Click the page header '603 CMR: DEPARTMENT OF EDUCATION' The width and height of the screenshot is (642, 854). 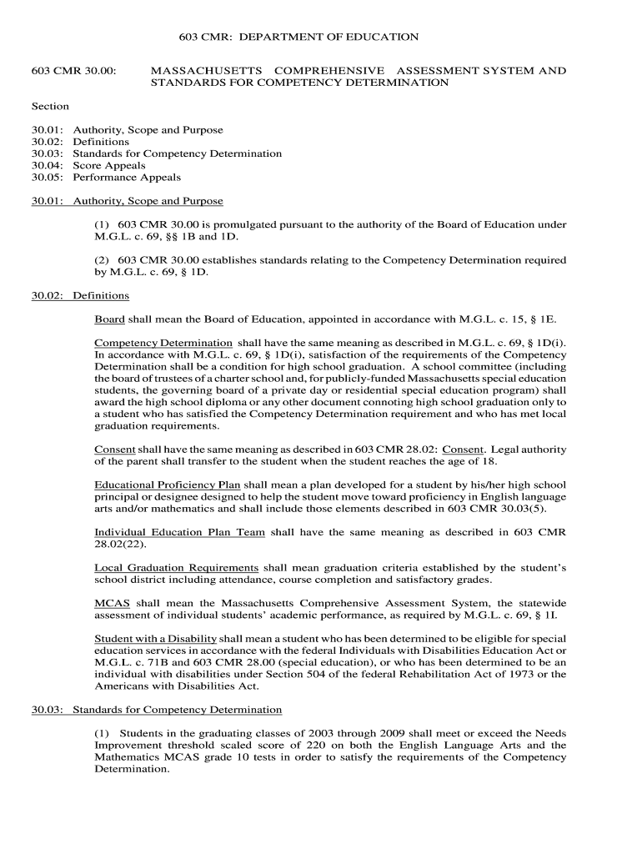click(299, 38)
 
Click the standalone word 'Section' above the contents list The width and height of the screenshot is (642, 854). click(50, 106)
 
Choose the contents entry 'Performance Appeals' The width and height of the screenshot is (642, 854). click(127, 177)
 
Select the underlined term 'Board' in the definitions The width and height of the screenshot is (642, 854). click(109, 319)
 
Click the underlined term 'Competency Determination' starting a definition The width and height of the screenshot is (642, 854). click(163, 343)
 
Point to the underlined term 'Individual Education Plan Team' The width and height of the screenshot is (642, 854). click(179, 532)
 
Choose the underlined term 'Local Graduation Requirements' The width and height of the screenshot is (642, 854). click(176, 568)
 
